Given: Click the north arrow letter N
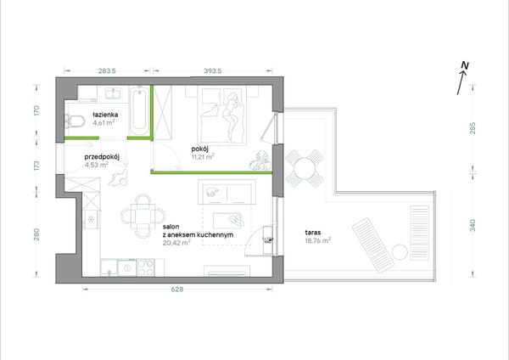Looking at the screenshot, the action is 465,65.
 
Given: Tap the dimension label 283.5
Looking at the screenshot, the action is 107,70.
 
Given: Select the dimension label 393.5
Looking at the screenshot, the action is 213,70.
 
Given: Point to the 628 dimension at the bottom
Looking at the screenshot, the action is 177,290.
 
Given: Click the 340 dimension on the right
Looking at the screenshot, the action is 473,225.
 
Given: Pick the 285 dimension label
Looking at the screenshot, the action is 473,128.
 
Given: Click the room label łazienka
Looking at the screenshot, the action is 105,115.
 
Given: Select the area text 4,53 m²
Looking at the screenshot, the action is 97,165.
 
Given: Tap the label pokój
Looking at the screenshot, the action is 199,149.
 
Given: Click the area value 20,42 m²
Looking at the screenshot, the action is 176,242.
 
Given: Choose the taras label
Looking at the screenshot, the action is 313,233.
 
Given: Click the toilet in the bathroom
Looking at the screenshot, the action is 75,122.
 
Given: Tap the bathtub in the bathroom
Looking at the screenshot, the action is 140,110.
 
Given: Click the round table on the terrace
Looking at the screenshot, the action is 305,169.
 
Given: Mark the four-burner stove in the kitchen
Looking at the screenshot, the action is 146,267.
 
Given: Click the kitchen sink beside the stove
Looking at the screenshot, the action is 127,267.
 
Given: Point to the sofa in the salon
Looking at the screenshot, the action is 226,193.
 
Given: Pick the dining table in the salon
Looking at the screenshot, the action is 143,216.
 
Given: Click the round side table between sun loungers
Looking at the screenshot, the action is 400,252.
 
